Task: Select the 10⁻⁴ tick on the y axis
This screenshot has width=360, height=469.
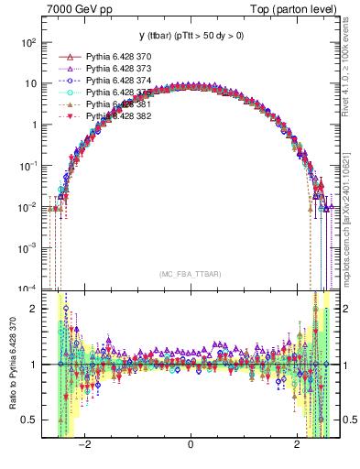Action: [x=27, y=289]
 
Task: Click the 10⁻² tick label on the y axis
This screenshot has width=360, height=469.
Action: [x=27, y=207]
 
